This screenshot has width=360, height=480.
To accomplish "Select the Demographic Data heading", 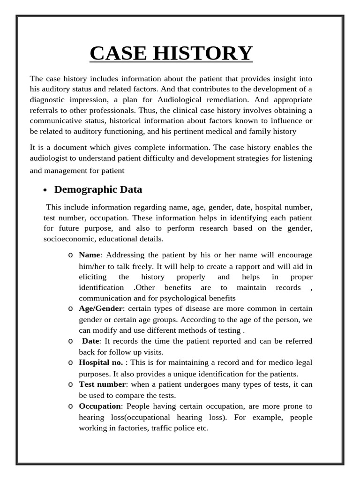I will [98, 189].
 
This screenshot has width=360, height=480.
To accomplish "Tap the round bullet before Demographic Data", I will [45, 190].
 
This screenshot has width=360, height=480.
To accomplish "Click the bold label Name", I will [89, 255].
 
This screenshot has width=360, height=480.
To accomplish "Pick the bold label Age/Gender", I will [101, 309].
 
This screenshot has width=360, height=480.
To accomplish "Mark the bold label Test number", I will [102, 384].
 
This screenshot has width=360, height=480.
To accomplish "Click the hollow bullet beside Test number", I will [70, 384].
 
